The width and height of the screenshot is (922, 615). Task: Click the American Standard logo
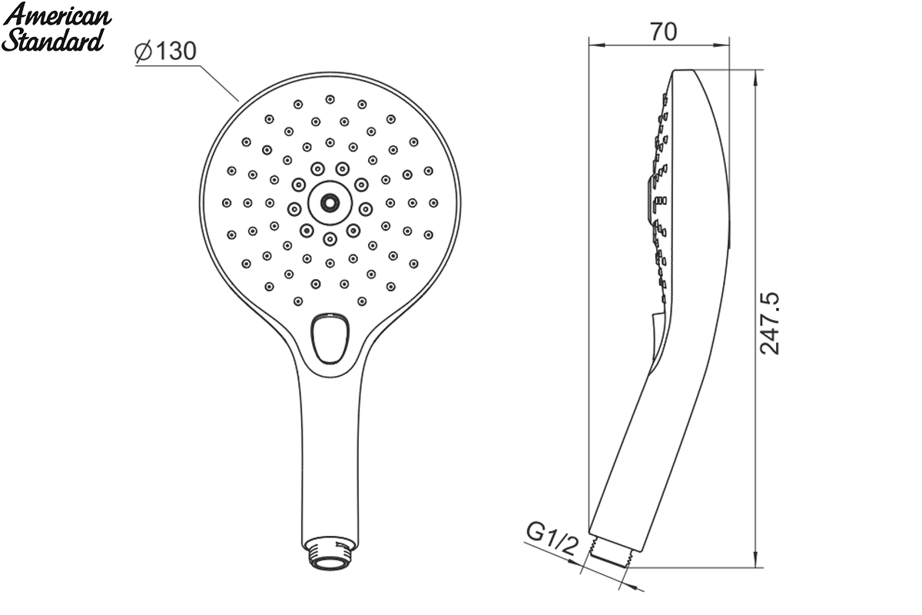click(56, 28)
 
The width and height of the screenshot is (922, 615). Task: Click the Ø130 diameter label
click(165, 52)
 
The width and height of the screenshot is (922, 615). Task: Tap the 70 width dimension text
click(664, 32)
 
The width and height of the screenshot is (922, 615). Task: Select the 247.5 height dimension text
click(770, 324)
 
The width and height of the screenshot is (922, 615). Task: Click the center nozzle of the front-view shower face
click(330, 203)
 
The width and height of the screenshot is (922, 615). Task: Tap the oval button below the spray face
click(330, 338)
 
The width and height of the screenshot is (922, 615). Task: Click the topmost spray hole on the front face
click(330, 99)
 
